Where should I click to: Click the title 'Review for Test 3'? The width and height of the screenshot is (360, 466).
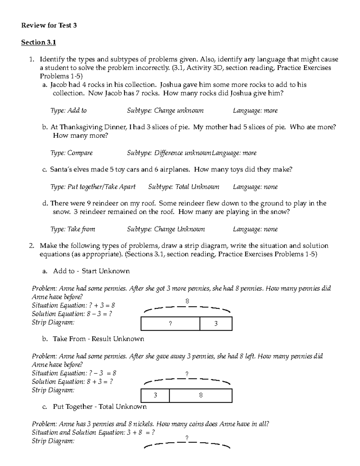click(49, 26)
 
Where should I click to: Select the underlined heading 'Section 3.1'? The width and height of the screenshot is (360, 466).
click(38, 42)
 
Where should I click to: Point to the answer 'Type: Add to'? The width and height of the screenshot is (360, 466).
click(69, 110)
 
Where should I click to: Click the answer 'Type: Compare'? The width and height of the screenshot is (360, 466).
click(72, 153)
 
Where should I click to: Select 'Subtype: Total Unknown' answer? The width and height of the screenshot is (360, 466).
click(184, 187)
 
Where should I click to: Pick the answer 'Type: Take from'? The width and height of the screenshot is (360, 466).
click(73, 229)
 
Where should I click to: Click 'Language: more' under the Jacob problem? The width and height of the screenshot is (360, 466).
click(255, 110)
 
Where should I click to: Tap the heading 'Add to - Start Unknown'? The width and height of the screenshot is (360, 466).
click(91, 271)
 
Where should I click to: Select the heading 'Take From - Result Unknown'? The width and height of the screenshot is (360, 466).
click(98, 339)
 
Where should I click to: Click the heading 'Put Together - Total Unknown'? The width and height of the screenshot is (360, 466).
click(100, 407)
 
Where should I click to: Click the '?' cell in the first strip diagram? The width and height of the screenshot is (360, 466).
click(170, 324)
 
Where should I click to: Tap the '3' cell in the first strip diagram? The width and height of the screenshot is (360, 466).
click(216, 324)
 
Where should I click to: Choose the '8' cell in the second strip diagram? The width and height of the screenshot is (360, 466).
click(201, 395)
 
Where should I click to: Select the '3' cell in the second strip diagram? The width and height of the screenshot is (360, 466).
click(155, 395)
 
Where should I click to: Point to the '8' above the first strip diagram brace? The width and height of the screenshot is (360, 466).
click(187, 301)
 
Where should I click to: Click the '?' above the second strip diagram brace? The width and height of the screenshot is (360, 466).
click(187, 374)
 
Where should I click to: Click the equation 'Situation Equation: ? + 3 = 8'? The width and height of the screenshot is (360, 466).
click(73, 305)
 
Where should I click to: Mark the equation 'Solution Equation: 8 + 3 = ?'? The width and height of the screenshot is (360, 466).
click(72, 382)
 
